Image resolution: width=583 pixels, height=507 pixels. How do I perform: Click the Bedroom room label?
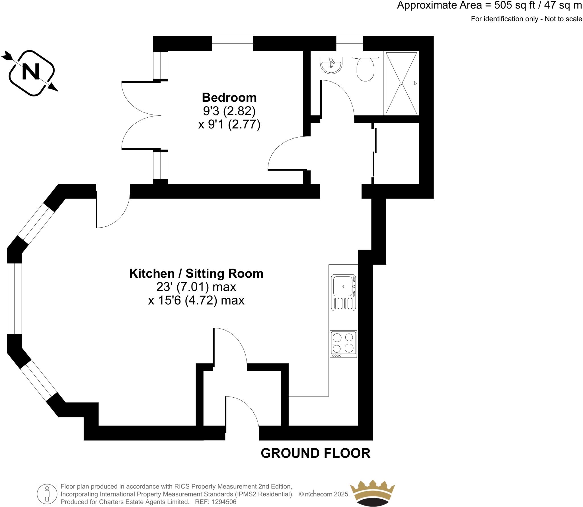[229, 97]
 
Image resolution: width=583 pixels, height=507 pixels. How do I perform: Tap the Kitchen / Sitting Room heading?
[196, 273]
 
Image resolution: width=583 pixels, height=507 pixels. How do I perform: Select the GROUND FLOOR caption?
[315, 453]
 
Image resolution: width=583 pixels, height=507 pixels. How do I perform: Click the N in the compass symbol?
[31, 72]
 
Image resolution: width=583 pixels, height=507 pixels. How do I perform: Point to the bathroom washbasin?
[331, 65]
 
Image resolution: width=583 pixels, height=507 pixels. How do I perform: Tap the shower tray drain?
[401, 83]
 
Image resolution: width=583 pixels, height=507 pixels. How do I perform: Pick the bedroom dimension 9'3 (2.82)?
[229, 111]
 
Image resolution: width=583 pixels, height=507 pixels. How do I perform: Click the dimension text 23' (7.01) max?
[196, 287]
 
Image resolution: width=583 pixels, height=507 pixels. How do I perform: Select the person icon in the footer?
[47, 494]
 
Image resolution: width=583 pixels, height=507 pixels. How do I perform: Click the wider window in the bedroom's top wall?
[232, 44]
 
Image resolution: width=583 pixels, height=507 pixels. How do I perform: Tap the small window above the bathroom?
[349, 44]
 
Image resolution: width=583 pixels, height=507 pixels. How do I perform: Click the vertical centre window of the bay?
[14, 299]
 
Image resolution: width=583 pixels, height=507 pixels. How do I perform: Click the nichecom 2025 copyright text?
[325, 494]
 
